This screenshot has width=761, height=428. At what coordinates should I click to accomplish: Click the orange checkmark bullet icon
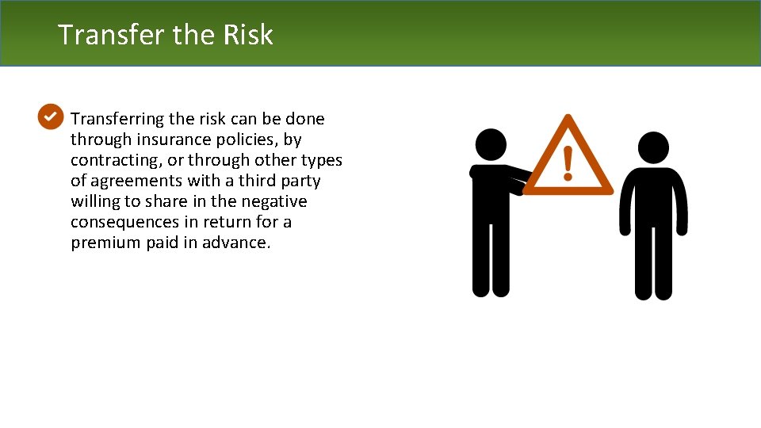tap(49, 117)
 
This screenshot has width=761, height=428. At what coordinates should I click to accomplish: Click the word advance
tap(239, 243)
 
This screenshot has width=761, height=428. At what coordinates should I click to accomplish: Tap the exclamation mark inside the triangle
tap(568, 162)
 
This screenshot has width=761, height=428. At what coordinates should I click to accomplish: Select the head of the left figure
tap(491, 145)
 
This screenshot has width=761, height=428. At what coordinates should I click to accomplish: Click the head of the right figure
tap(653, 148)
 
